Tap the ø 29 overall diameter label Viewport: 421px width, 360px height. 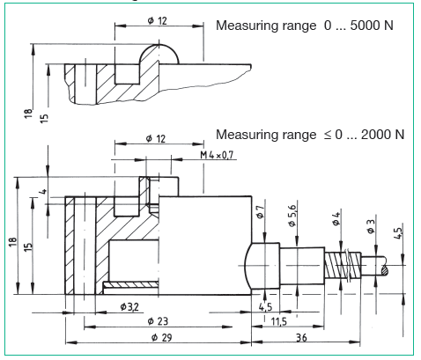click(x=160, y=337)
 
